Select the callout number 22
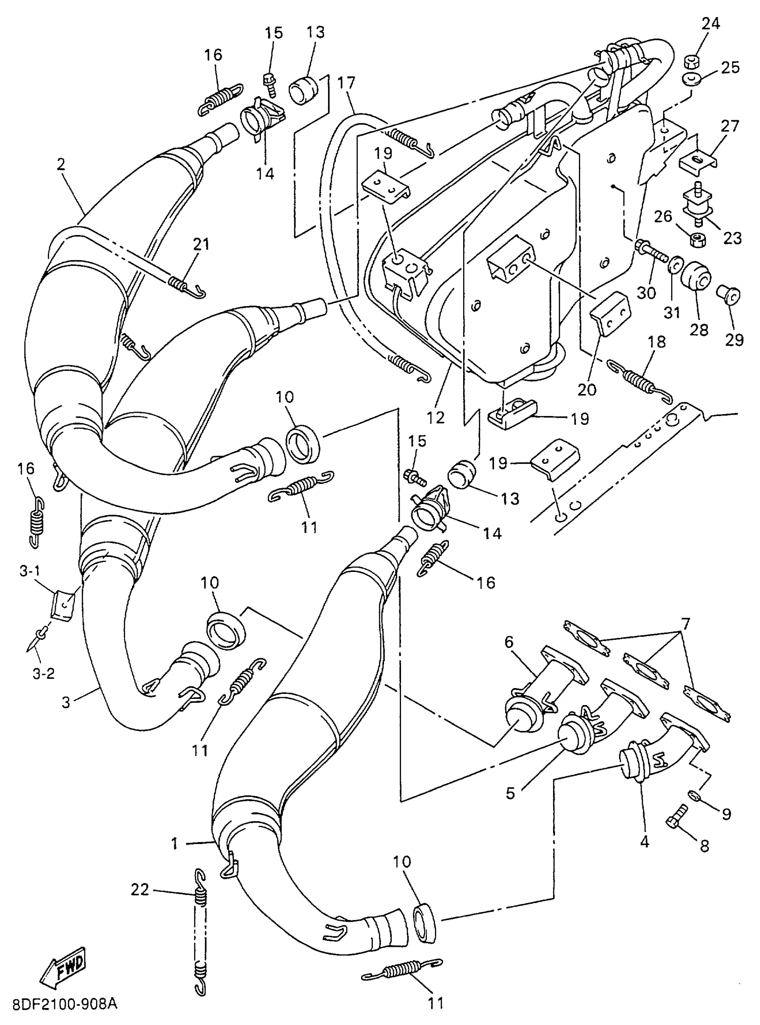tap(140, 890)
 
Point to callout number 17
tap(346, 83)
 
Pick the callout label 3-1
tap(30, 571)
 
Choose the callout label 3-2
tap(44, 674)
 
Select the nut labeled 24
tap(692, 61)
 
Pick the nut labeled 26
tap(696, 239)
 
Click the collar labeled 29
tap(728, 294)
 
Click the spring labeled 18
tap(639, 376)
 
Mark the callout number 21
tap(201, 244)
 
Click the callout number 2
tap(61, 164)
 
